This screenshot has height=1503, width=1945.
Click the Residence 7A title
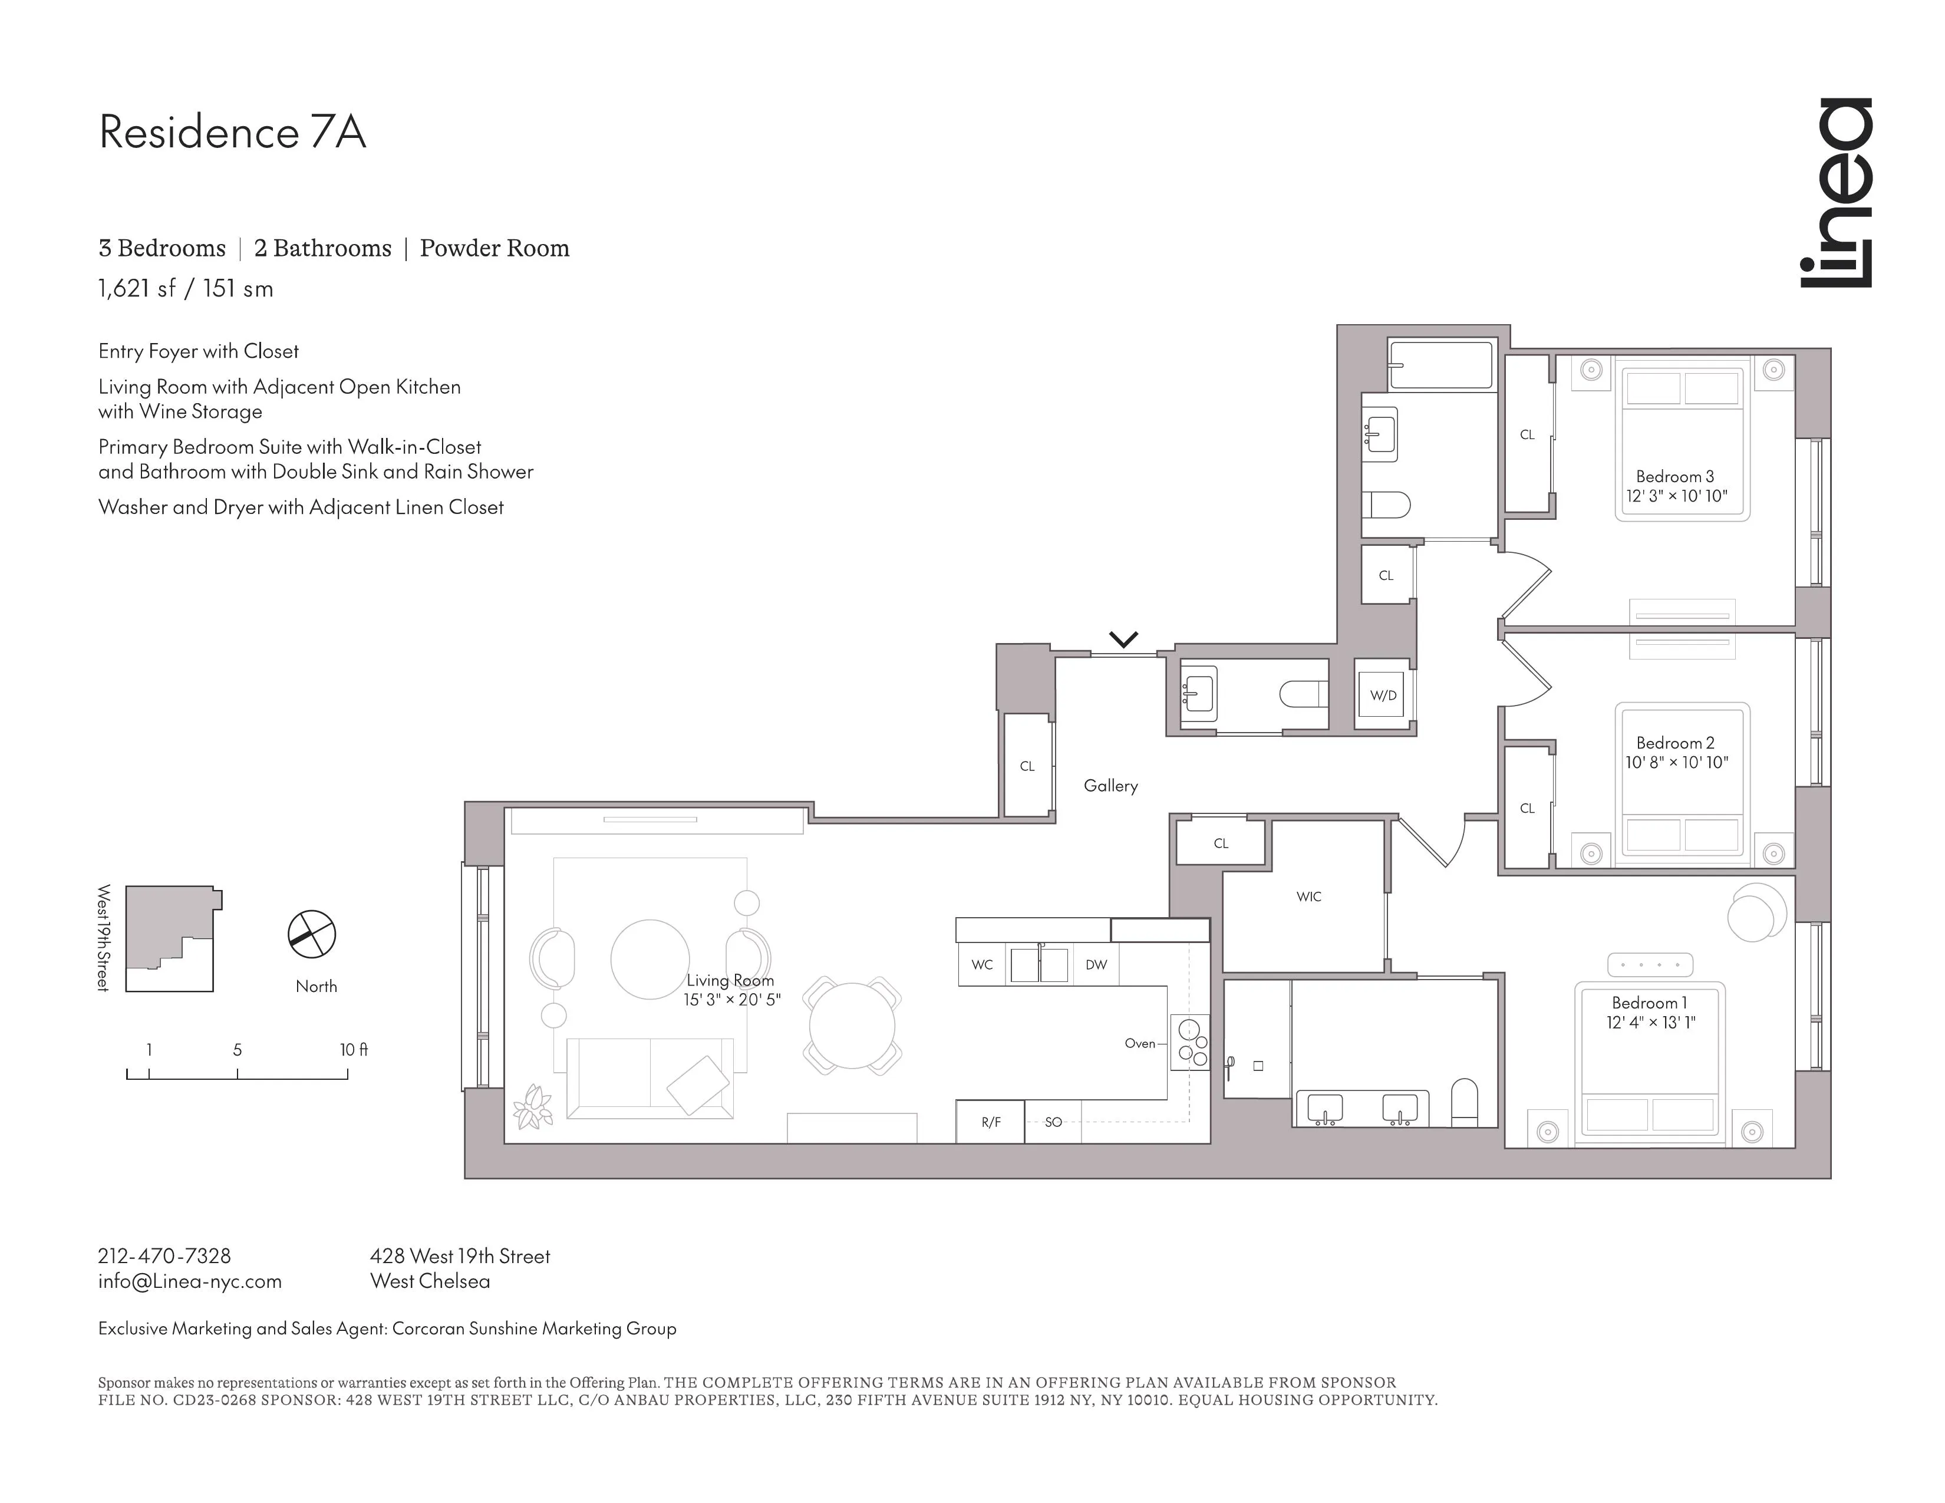(232, 133)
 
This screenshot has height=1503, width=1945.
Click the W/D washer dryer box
(1383, 696)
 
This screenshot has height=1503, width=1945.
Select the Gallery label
(1110, 785)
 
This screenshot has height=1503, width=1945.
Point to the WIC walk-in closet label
(1308, 896)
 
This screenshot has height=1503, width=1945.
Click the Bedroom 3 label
(1674, 476)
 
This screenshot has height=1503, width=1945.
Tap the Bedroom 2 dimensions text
(1676, 762)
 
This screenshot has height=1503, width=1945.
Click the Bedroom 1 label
(1649, 1003)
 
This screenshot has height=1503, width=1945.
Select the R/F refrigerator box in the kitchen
(990, 1122)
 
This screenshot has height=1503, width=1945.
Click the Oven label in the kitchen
(1139, 1043)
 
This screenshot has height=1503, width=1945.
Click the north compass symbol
(312, 934)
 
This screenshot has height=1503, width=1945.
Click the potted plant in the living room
(533, 1107)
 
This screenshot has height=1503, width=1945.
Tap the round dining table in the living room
(852, 1026)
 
